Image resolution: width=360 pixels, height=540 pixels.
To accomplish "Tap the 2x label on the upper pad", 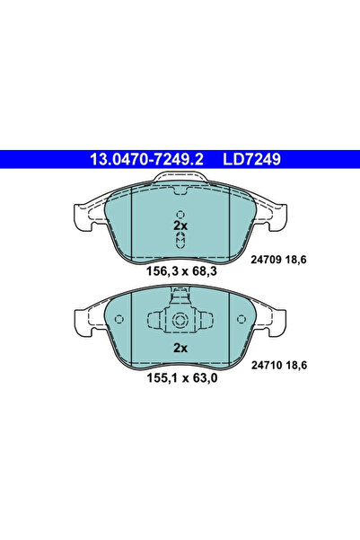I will (x=180, y=227).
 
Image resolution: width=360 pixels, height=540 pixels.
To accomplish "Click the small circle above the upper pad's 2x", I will (x=180, y=214).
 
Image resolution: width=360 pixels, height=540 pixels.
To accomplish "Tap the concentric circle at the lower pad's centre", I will (x=180, y=320).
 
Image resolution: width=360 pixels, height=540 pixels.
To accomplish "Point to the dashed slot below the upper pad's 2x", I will (x=180, y=241).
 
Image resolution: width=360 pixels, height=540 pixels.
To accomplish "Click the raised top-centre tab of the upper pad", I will (x=180, y=184).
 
